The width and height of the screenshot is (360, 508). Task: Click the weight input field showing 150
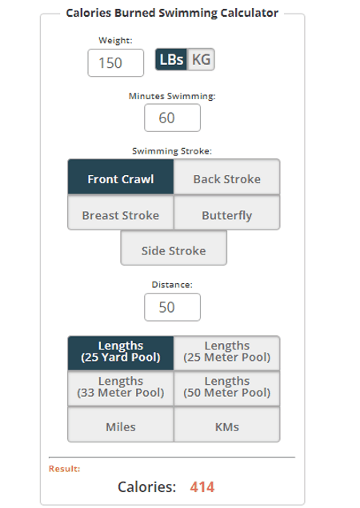click(x=116, y=63)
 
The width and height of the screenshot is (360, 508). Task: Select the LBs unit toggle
click(x=171, y=59)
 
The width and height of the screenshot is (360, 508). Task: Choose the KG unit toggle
click(x=201, y=59)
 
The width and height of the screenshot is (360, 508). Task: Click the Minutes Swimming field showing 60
click(x=172, y=118)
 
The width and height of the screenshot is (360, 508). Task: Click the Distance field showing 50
click(x=172, y=307)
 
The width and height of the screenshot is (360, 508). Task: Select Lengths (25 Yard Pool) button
click(x=121, y=353)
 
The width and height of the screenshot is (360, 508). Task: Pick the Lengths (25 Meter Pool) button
click(x=227, y=353)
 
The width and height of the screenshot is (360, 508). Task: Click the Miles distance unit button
click(x=121, y=425)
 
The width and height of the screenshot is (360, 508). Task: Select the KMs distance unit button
click(x=227, y=425)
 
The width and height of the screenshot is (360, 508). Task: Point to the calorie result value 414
click(x=202, y=487)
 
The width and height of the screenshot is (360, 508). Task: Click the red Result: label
click(x=65, y=469)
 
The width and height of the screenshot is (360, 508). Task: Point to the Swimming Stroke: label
click(x=172, y=151)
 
